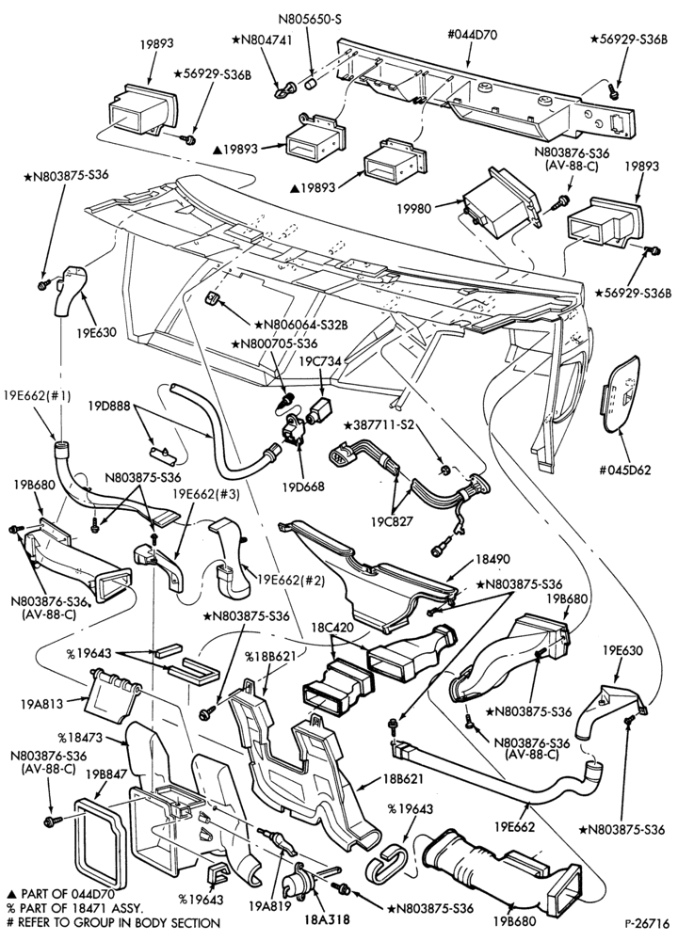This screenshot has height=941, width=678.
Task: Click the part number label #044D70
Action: pyautogui.click(x=472, y=34)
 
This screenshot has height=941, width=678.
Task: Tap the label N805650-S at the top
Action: pyautogui.click(x=310, y=19)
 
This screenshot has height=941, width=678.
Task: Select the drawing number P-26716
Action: pyautogui.click(x=646, y=919)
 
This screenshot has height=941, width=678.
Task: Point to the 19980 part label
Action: pyautogui.click(x=413, y=208)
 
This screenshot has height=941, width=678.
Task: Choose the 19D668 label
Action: pyautogui.click(x=304, y=486)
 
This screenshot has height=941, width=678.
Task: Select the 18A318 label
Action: pyautogui.click(x=327, y=918)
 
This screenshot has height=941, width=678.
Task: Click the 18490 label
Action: pyautogui.click(x=492, y=559)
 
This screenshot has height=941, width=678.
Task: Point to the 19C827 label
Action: pyautogui.click(x=392, y=521)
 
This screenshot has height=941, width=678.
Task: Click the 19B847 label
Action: pyautogui.click(x=106, y=774)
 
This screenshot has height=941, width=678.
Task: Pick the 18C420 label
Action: pyautogui.click(x=331, y=628)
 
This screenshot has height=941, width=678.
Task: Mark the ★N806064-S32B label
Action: pyautogui.click(x=301, y=325)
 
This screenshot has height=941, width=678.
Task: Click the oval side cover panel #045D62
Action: pyautogui.click(x=621, y=393)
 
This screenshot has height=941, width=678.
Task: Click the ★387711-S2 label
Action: pyautogui.click(x=379, y=425)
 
